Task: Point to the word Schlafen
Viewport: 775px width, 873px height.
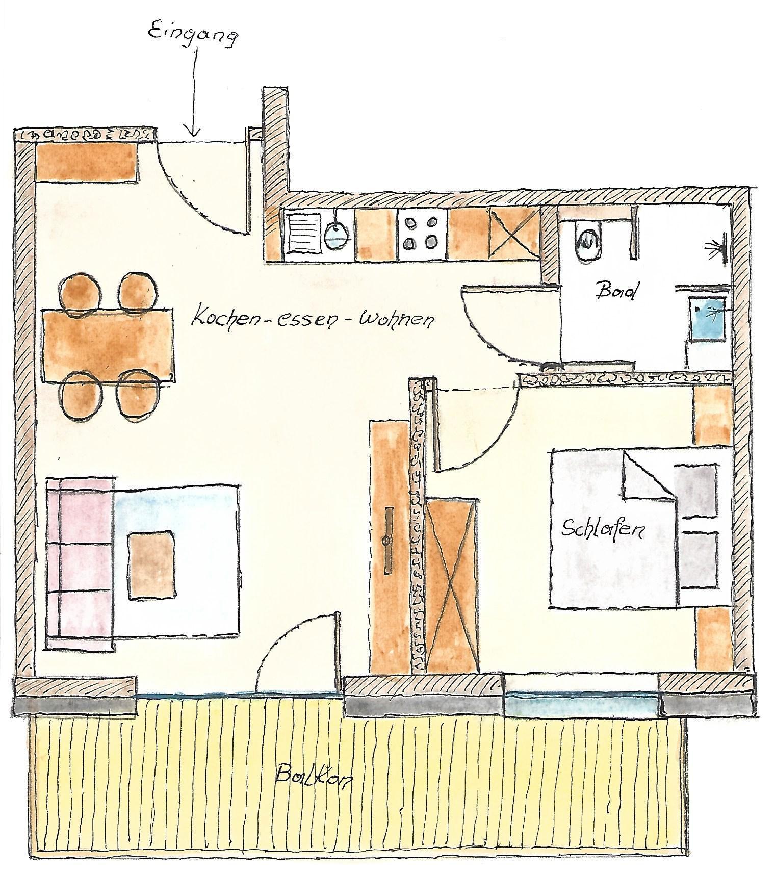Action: (601, 529)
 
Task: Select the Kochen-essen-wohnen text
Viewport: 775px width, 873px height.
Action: (312, 320)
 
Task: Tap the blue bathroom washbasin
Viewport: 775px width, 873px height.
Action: (708, 319)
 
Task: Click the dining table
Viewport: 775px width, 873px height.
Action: (108, 345)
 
